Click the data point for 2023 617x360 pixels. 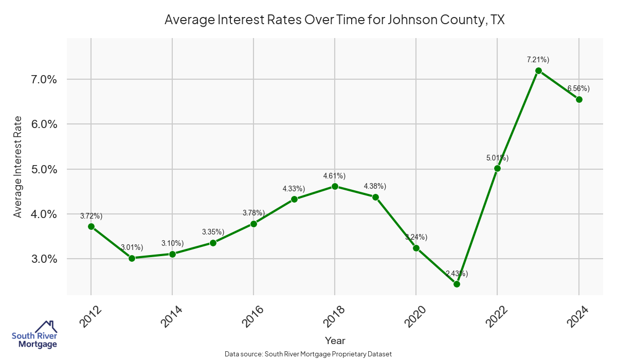click(538, 70)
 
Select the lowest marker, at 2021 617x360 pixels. click(457, 284)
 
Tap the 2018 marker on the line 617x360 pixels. click(335, 186)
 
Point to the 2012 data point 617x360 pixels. click(91, 226)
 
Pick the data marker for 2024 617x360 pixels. click(579, 99)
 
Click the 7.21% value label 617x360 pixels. click(538, 60)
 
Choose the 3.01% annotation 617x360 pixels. click(132, 247)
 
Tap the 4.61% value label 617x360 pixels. click(334, 176)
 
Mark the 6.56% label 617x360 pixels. click(578, 89)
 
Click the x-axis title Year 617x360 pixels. click(335, 340)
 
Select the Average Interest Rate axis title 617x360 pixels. click(18, 167)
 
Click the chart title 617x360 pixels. click(334, 20)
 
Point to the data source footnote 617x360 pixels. click(308, 354)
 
